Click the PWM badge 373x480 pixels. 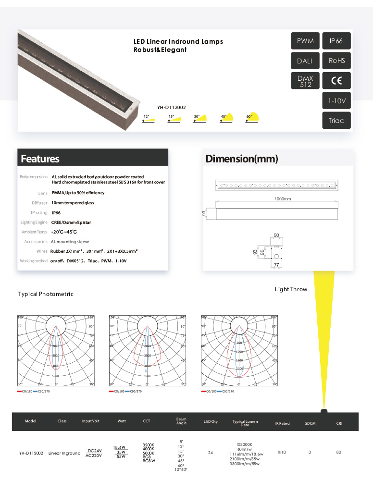click(305, 41)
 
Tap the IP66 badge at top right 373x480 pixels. click(336, 41)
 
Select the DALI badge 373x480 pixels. click(305, 61)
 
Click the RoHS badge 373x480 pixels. click(336, 61)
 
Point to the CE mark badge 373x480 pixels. click(336, 81)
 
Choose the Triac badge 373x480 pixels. click(336, 120)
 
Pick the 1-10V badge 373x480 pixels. click(336, 101)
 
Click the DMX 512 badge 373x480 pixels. click(305, 81)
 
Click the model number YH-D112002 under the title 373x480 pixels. click(172, 108)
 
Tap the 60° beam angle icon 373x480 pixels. click(252, 118)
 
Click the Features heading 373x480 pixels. click(40, 159)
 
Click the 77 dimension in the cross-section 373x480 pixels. click(276, 265)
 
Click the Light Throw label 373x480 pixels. click(291, 289)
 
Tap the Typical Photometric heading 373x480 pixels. click(46, 294)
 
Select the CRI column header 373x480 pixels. click(339, 423)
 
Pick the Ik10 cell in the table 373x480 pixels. click(282, 452)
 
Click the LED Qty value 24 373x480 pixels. click(210, 453)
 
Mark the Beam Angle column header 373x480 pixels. click(181, 421)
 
